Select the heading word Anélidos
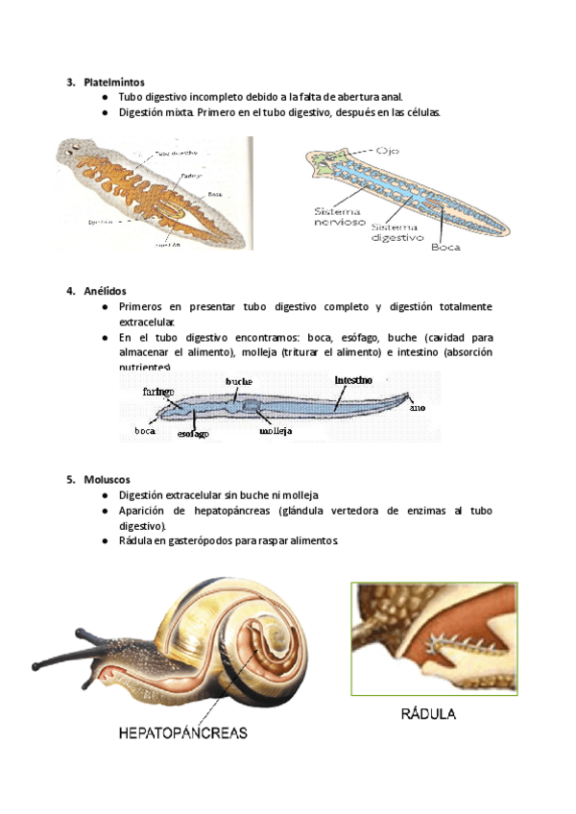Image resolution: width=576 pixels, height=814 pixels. (x=104, y=291)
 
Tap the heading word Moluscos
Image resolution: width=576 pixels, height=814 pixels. (x=106, y=479)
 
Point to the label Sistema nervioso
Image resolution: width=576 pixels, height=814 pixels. (x=336, y=216)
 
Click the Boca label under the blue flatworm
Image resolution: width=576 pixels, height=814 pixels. (x=445, y=247)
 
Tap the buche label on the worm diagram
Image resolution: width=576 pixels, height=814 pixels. (x=239, y=381)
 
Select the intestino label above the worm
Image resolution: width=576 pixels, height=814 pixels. (x=353, y=380)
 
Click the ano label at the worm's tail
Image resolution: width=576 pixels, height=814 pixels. (x=417, y=408)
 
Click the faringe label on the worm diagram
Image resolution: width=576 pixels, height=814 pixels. (x=156, y=392)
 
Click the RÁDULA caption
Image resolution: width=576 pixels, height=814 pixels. (x=428, y=714)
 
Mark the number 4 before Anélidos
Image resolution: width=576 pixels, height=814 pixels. (x=70, y=291)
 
